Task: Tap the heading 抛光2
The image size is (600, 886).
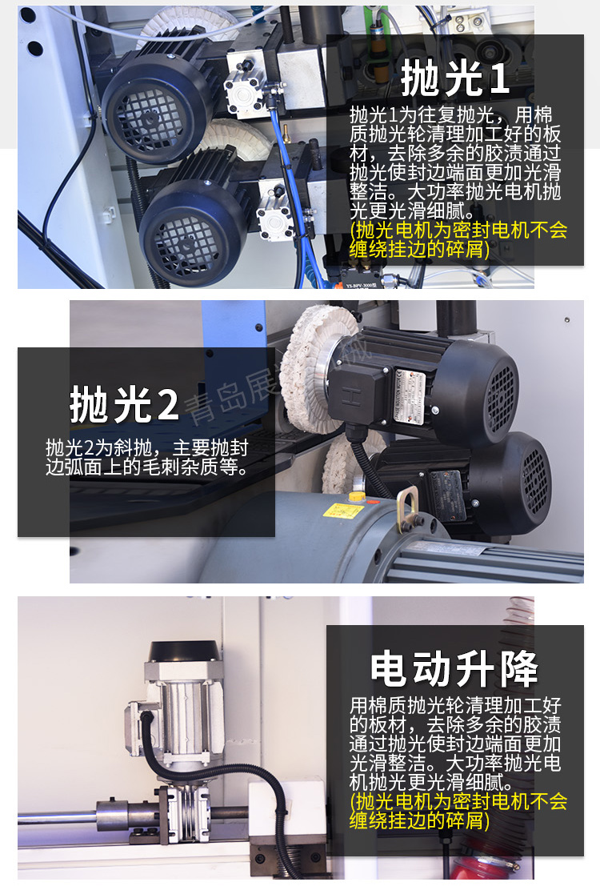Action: click(x=124, y=404)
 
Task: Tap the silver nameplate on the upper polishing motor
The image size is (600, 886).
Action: click(x=409, y=395)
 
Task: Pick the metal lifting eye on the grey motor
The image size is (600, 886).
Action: click(x=406, y=511)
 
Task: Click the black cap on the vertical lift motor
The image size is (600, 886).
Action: click(x=184, y=651)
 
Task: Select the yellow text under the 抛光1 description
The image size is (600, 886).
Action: click(x=458, y=239)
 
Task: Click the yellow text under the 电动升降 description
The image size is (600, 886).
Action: click(x=458, y=811)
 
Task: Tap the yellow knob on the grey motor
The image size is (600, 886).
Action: click(x=356, y=497)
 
